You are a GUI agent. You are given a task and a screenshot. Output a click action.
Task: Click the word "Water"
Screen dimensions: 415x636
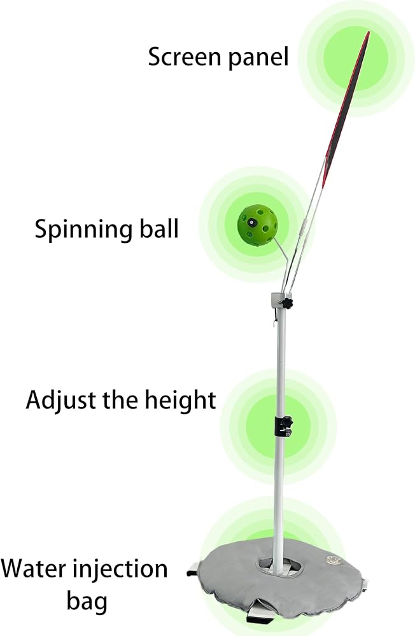[x=33, y=569]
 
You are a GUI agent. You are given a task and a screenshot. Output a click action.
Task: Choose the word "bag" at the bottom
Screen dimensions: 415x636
[x=87, y=602]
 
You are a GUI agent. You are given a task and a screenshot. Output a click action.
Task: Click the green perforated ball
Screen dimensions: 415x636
[x=257, y=225]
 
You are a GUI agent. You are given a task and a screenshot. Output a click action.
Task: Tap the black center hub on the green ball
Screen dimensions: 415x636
[x=252, y=222]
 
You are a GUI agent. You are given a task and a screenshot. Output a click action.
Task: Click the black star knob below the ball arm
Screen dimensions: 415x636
[x=288, y=303]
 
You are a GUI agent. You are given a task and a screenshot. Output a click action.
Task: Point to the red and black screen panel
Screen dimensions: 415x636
[x=346, y=109]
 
